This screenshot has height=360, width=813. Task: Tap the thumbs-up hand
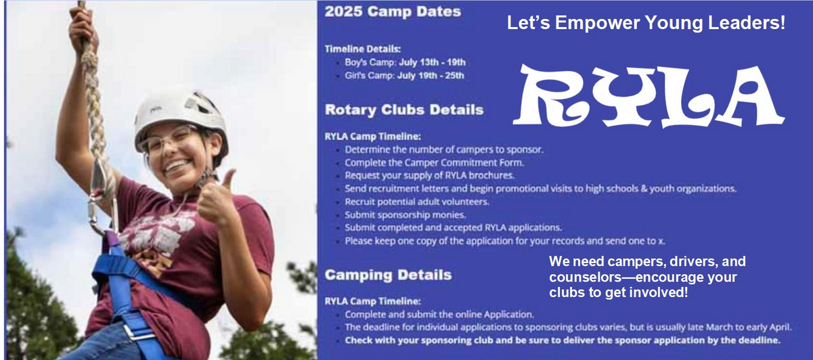point(217,198)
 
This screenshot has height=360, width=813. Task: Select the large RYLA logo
point(649,97)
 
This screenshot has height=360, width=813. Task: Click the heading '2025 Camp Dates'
point(393,12)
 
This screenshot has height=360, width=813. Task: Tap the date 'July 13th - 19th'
point(432,62)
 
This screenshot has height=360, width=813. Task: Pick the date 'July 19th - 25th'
point(431,76)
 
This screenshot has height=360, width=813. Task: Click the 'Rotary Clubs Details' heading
point(404,110)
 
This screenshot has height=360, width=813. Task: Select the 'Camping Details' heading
point(389,275)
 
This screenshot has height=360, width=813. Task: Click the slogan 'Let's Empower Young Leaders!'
point(646,22)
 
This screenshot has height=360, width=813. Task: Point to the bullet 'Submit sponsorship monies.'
point(405,215)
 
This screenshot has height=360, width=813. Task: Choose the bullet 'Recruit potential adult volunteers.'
point(417,202)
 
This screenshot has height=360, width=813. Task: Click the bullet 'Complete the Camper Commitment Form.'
point(435,162)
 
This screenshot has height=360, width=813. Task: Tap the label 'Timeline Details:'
point(363,49)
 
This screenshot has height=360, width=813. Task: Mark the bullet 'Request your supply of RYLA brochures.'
point(430,176)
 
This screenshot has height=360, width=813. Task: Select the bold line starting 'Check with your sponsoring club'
point(563,340)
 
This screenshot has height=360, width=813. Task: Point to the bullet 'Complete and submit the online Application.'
point(439,314)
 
